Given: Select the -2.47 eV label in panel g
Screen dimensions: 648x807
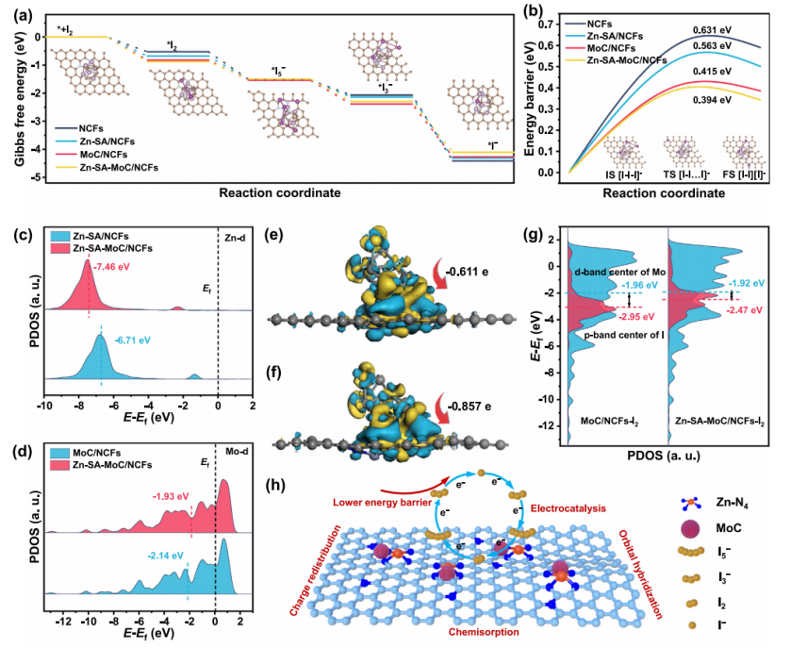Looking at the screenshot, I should click(x=741, y=309).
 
